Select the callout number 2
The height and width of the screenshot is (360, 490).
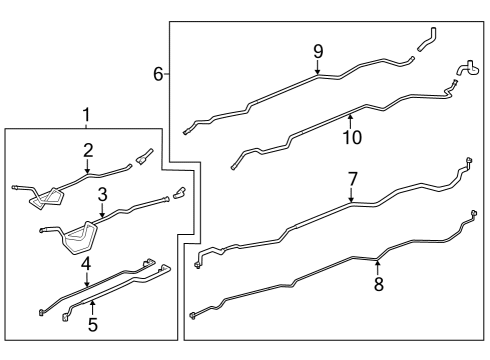[88, 151]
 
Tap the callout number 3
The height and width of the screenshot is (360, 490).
[102, 194]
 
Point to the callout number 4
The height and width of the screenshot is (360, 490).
[87, 264]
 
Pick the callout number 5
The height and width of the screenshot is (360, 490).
[92, 324]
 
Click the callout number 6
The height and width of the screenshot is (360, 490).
[158, 73]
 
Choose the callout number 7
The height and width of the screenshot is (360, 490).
[352, 179]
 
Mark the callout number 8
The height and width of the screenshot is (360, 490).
[378, 284]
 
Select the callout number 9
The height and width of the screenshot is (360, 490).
[318, 51]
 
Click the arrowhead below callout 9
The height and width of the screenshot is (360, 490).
[318, 74]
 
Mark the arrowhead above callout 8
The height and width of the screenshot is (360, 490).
[378, 262]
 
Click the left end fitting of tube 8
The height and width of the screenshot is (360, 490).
[191, 316]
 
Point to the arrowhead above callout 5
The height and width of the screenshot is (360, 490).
[92, 301]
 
